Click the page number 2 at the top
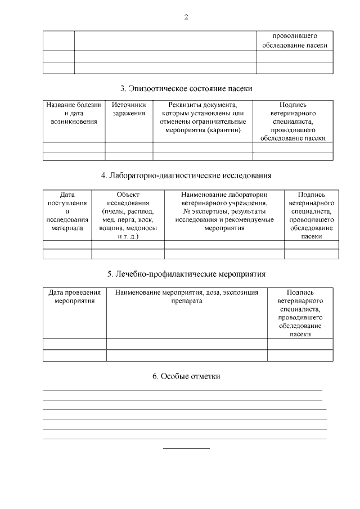tap(186, 17)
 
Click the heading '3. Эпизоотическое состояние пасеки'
tap(186, 89)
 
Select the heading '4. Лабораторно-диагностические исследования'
tap(186, 175)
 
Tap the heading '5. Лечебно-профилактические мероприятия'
tap(186, 274)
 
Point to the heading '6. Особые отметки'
tap(186, 376)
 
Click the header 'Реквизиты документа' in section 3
tap(202, 105)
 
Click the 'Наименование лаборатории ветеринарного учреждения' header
tap(224, 199)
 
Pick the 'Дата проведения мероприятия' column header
tap(74, 296)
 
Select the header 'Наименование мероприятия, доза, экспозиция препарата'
tap(186, 296)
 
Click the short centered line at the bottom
tap(186, 448)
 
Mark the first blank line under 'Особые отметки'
tap(182, 390)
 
